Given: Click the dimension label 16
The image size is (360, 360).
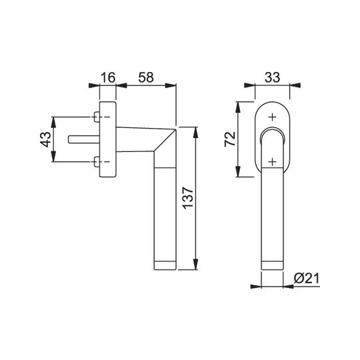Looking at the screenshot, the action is click(108, 77).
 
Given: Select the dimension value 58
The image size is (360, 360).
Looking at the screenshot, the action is click(146, 77).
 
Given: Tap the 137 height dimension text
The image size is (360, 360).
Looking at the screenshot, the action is click(188, 198).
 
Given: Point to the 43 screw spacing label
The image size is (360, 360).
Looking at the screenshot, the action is click(45, 139).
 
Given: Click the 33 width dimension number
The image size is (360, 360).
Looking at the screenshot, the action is click(272, 77).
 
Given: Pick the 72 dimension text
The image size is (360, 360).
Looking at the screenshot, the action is click(230, 139).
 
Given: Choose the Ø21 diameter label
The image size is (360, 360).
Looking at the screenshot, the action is click(307, 279).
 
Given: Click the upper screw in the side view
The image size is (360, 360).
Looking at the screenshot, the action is click(97, 117).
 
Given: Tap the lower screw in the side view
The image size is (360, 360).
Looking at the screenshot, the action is click(97, 162).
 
